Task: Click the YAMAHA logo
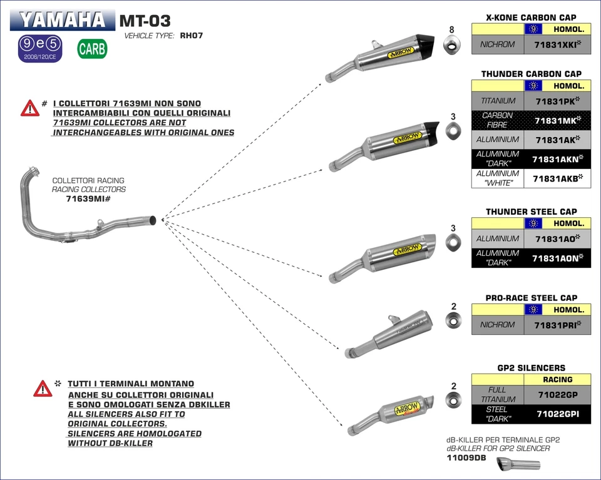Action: (x=62, y=20)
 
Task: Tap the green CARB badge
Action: (x=92, y=49)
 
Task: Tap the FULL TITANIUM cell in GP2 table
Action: (x=498, y=394)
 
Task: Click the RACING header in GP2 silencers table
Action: (x=557, y=379)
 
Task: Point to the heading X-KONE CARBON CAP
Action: (x=531, y=18)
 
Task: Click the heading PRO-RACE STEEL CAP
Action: (x=531, y=298)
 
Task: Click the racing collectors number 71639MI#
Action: (x=88, y=199)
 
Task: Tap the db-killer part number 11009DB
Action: (x=466, y=458)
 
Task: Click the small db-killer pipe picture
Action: (x=518, y=464)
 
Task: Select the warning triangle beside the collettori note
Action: (x=29, y=108)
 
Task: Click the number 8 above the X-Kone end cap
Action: (x=451, y=30)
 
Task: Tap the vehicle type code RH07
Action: (x=190, y=36)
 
